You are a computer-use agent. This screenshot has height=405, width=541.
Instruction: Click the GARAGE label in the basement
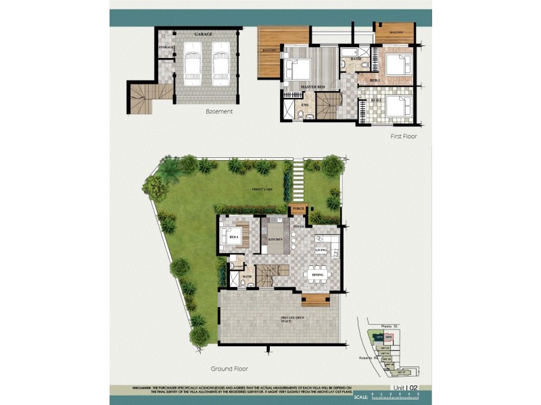(204, 33)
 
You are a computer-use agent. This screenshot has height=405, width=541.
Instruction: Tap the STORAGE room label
(166, 47)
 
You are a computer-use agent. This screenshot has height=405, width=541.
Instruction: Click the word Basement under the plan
(219, 111)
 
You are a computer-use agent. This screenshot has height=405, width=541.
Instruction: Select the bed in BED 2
(398, 106)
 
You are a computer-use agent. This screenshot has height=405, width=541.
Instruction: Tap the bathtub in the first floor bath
(350, 51)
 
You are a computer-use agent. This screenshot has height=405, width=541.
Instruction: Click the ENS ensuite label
(305, 104)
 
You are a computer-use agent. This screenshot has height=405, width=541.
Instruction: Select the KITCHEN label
(275, 239)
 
